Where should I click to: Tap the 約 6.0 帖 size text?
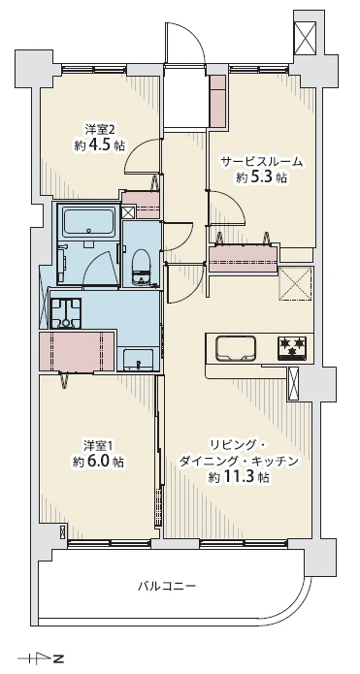[99, 462]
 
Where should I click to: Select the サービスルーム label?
[261, 162]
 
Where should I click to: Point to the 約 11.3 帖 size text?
[239, 477]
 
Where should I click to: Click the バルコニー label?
[167, 586]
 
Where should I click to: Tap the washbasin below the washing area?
[138, 360]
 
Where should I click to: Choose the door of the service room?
[227, 208]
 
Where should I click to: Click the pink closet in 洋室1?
[77, 351]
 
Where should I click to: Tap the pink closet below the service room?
[244, 259]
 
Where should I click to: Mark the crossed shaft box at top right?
[307, 38]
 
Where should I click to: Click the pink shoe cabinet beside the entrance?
[218, 102]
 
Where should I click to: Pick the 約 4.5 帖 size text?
[99, 144]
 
